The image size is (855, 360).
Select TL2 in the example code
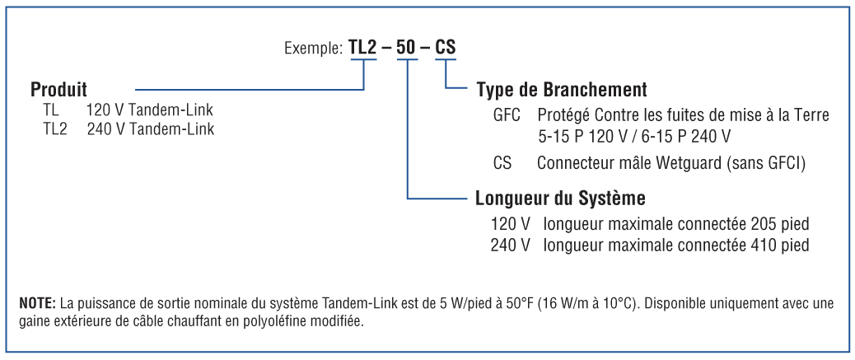363,48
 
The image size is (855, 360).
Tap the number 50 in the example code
407,48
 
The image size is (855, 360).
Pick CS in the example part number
446,48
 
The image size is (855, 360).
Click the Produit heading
58,89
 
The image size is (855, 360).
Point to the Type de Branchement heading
562,90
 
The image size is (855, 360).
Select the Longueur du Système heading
560,199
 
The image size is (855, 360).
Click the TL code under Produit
51,110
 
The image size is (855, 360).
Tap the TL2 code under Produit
54,129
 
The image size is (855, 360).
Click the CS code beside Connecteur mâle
502,163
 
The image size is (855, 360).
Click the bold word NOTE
37,304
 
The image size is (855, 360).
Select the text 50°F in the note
518,304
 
